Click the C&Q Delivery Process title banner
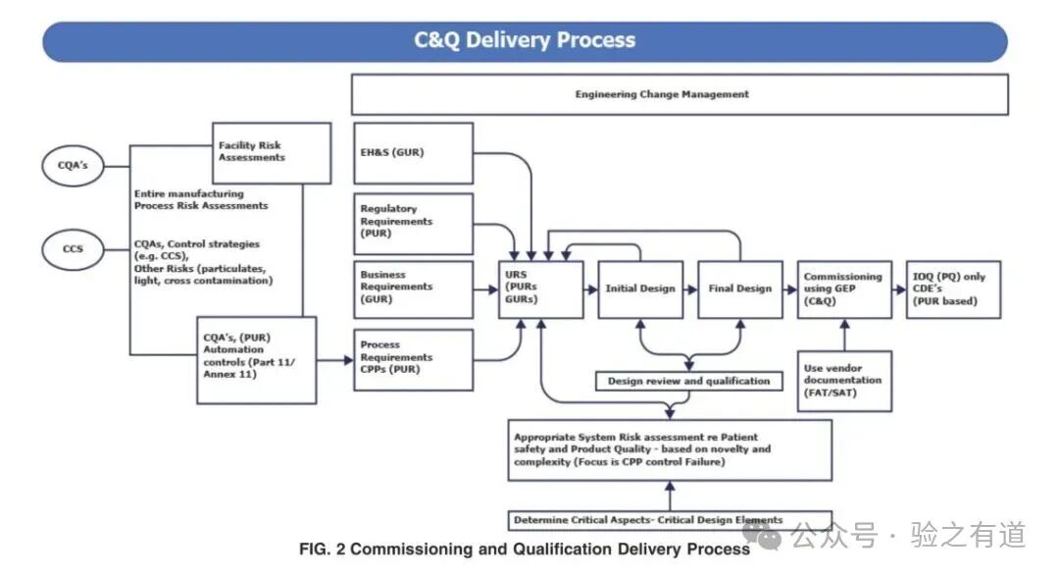pyautogui.click(x=525, y=41)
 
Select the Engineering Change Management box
pyautogui.click(x=680, y=94)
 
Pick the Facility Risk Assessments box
pyautogui.click(x=272, y=152)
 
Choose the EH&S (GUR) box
pyautogui.click(x=412, y=153)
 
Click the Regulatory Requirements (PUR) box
pyautogui.click(x=412, y=223)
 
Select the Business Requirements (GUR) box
pyautogui.click(x=412, y=288)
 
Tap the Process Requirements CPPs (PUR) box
pyautogui.click(x=412, y=358)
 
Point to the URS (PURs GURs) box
pyautogui.click(x=540, y=288)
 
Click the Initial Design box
pyautogui.click(x=640, y=288)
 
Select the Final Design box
pyautogui.click(x=740, y=288)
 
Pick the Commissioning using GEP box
pyautogui.click(x=843, y=288)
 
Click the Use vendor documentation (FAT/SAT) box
pyautogui.click(x=843, y=380)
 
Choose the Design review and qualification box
pyautogui.click(x=689, y=381)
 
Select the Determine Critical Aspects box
pyautogui.click(x=670, y=520)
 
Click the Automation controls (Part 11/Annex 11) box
pyautogui.click(x=257, y=360)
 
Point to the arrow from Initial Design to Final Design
pyautogui.click(x=690, y=288)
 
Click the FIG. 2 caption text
pyautogui.click(x=525, y=550)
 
